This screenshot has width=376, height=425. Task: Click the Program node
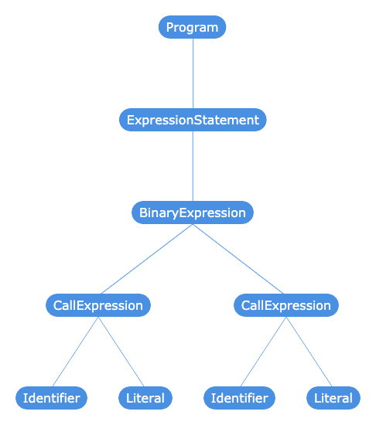pyautogui.click(x=192, y=27)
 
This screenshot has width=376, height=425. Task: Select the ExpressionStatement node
pyautogui.click(x=193, y=120)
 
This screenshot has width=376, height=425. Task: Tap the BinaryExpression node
pyautogui.click(x=193, y=212)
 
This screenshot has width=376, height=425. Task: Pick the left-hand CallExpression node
pyautogui.click(x=98, y=305)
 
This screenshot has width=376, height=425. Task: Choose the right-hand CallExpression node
pyautogui.click(x=286, y=305)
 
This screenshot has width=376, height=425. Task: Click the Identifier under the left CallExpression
pyautogui.click(x=51, y=398)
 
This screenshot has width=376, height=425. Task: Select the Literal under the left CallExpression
pyautogui.click(x=145, y=398)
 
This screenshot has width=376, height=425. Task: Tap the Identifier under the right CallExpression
pyautogui.click(x=239, y=398)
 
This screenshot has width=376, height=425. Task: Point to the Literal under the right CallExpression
pyautogui.click(x=333, y=398)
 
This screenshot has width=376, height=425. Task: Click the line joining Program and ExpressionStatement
pyautogui.click(x=193, y=73)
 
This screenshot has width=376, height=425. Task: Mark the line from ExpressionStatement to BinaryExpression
pyautogui.click(x=193, y=166)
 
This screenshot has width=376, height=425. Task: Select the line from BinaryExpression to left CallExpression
pyautogui.click(x=147, y=259)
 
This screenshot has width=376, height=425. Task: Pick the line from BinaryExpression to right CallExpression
pyautogui.click(x=238, y=259)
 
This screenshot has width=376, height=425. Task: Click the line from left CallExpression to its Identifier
pyautogui.click(x=75, y=352)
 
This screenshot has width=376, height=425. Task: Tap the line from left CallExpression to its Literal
pyautogui.click(x=121, y=352)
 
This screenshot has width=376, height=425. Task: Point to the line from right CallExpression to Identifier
pyautogui.click(x=263, y=352)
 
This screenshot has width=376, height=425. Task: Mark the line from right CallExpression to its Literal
pyautogui.click(x=309, y=352)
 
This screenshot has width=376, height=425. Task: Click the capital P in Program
pyautogui.click(x=169, y=27)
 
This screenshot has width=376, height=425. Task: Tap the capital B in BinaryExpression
pyautogui.click(x=143, y=212)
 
